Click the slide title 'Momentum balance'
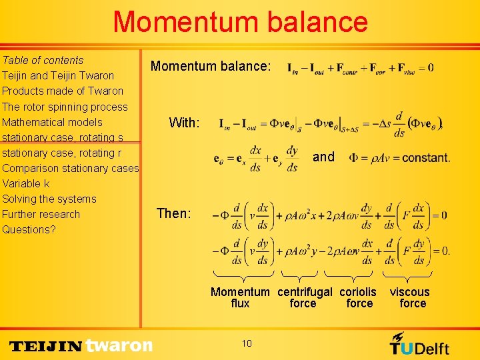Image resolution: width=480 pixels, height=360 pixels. point(240,22)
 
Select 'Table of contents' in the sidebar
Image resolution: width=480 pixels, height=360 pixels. point(43,60)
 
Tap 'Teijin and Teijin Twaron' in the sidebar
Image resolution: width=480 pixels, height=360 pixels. point(58,75)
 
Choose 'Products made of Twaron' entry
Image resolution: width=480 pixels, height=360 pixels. point(63,91)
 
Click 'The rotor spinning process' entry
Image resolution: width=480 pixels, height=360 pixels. point(65,107)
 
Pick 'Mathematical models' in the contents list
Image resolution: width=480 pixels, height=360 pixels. point(52,122)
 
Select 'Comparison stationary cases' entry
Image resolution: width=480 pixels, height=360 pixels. point(70,168)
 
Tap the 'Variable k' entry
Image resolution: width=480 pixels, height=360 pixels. point(26,183)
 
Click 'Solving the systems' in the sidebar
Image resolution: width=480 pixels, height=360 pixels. point(49,199)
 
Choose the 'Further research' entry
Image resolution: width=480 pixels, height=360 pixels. point(41,214)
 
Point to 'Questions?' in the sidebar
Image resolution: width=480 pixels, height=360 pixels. point(29,229)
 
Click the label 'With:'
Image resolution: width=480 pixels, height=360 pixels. point(184,123)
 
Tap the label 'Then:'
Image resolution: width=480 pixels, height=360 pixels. point(173,213)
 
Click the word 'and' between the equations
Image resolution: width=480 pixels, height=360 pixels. point(323,157)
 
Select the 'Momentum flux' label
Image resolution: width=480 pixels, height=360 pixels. point(240,297)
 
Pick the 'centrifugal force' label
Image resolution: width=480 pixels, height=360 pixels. point(304,297)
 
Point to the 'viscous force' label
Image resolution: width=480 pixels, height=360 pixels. point(410,297)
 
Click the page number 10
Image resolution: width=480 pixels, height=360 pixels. point(247,343)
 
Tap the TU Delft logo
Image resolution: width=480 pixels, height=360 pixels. point(419,344)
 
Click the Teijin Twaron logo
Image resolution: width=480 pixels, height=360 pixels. point(81,345)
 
